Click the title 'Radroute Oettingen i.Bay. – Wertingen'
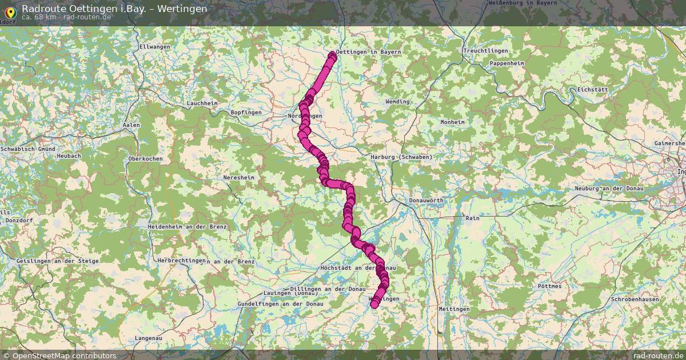click(x=114, y=9)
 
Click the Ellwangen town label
click(x=155, y=46)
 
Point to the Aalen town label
click(x=131, y=125)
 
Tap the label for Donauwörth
click(x=426, y=201)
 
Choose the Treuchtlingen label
click(x=486, y=51)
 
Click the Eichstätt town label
click(x=593, y=90)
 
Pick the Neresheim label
click(x=240, y=178)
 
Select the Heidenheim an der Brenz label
click(x=187, y=227)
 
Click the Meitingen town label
click(x=454, y=309)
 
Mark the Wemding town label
click(x=398, y=102)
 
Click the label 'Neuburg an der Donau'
click(x=610, y=189)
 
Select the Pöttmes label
click(x=550, y=286)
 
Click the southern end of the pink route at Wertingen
click(x=374, y=305)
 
